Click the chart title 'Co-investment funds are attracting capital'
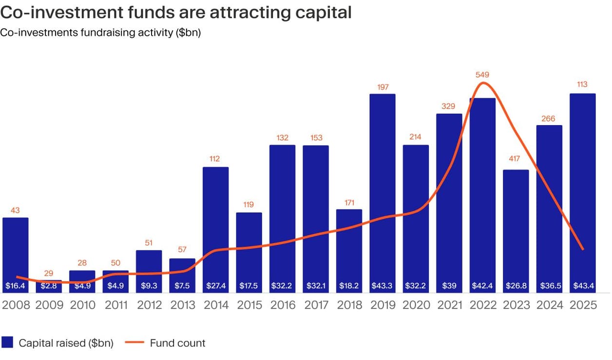tap(176, 12)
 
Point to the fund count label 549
tap(482, 75)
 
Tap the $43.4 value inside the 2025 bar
tap(582, 285)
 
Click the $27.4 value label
tap(215, 285)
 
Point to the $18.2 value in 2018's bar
tap(349, 285)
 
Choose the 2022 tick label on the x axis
tap(482, 305)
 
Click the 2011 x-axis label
tap(115, 305)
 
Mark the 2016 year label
tap(282, 305)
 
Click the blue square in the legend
tap(7, 343)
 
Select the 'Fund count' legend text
tap(177, 343)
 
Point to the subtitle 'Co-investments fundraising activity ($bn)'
tap(100, 33)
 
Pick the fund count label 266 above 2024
tap(549, 118)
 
